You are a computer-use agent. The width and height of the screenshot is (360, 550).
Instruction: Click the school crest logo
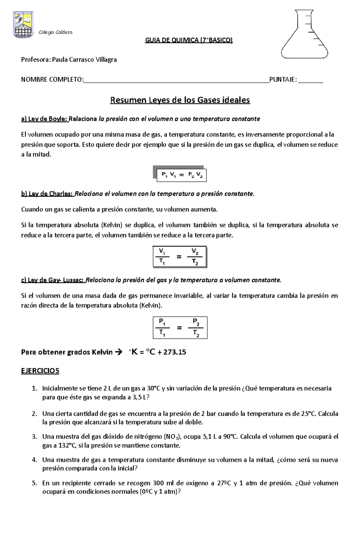click(x=23, y=25)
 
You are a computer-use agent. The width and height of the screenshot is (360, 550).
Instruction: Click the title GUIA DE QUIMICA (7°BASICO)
click(x=189, y=40)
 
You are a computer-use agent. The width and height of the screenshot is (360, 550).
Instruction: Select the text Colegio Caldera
click(x=55, y=32)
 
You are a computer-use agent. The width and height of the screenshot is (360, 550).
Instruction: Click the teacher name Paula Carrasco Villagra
click(x=84, y=60)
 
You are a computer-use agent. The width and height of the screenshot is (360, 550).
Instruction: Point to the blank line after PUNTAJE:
click(x=310, y=80)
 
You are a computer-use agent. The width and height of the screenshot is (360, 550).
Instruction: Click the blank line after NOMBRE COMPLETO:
click(x=176, y=80)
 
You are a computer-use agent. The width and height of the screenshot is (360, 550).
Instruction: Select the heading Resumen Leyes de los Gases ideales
click(x=180, y=100)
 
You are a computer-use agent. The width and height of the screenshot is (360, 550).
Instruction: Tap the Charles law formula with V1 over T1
click(x=179, y=257)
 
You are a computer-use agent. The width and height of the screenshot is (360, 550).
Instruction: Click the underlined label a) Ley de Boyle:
click(x=44, y=119)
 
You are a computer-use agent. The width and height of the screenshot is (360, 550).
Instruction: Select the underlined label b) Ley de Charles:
click(x=47, y=194)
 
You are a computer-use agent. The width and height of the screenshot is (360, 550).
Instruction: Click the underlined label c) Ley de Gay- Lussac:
click(x=53, y=280)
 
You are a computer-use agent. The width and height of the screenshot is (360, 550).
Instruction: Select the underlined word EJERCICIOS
click(x=40, y=371)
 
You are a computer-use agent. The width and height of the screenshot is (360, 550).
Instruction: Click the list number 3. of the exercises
click(x=34, y=436)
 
